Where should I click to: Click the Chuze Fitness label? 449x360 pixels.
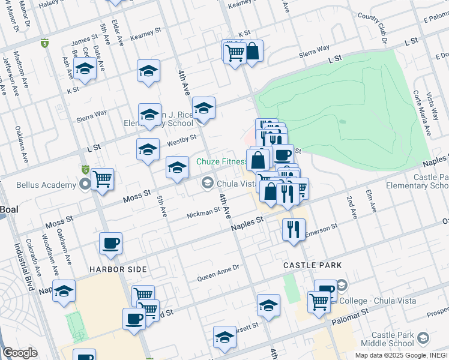(223, 161)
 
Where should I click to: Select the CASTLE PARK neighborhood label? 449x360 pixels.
(313, 265)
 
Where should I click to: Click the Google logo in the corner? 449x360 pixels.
(20, 353)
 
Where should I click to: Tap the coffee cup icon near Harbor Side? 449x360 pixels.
(111, 244)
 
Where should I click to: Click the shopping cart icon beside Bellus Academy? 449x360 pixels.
(103, 179)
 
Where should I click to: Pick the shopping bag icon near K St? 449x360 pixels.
(253, 52)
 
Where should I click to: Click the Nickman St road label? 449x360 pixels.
(203, 212)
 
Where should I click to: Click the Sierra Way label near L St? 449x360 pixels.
(92, 116)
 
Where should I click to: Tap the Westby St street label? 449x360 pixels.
(182, 140)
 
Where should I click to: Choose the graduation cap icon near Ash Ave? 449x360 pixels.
(85, 70)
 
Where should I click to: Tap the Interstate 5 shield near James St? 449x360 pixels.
(44, 43)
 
